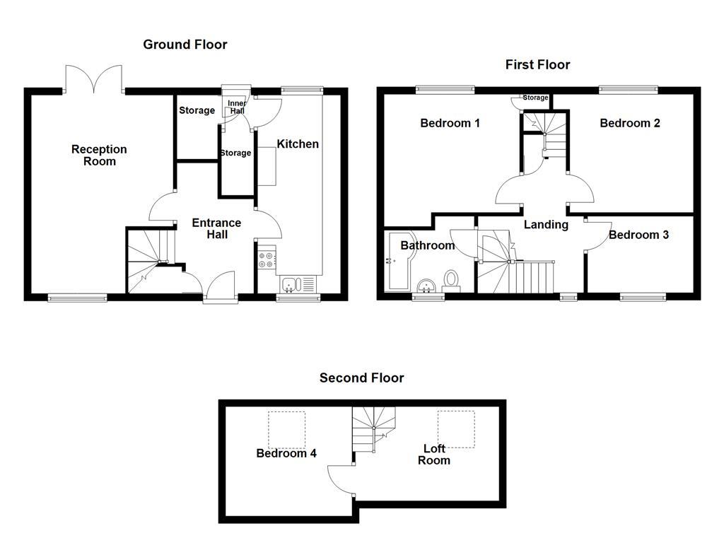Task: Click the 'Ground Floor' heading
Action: click(185, 45)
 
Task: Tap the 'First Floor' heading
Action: click(537, 64)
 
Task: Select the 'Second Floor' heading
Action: click(361, 378)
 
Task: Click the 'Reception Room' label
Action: click(99, 155)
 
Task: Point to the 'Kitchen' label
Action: click(297, 144)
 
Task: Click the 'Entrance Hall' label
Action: click(216, 228)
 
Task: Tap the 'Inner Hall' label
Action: click(237, 107)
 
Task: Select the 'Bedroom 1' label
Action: click(450, 123)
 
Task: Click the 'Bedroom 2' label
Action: click(629, 123)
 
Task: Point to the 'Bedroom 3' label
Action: click(638, 235)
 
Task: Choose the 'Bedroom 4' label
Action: click(286, 453)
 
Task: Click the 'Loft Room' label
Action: click(433, 454)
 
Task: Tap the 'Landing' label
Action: click(545, 225)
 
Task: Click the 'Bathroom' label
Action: click(427, 246)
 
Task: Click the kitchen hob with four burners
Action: click(267, 260)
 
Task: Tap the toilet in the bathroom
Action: click(451, 281)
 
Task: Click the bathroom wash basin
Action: click(426, 285)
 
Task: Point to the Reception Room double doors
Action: click(93, 78)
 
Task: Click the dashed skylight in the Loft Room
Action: click(455, 429)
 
